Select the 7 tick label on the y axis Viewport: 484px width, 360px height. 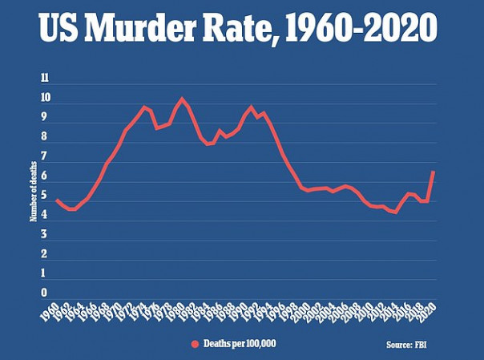click(46, 157)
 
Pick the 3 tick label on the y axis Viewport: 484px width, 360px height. click(46, 235)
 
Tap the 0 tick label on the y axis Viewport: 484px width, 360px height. click(46, 293)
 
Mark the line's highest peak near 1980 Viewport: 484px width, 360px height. click(182, 99)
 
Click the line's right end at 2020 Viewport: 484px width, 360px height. click(434, 172)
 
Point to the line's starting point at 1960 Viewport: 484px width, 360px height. click(56, 199)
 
